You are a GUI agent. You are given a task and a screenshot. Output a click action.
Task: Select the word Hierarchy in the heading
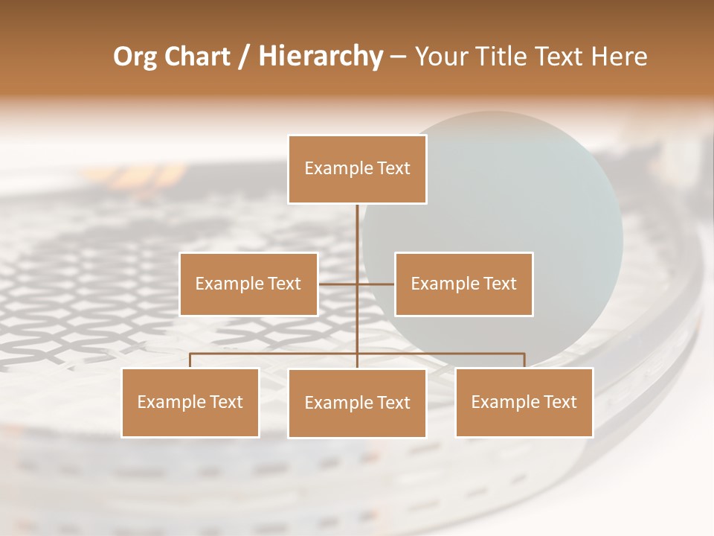pos(320,57)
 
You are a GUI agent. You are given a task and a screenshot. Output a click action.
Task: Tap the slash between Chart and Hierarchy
pos(244,57)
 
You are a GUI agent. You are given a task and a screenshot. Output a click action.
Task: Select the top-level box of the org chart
pos(357,169)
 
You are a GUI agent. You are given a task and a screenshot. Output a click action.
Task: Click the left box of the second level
pos(248,284)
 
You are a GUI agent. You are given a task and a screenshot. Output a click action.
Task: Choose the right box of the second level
pos(463,284)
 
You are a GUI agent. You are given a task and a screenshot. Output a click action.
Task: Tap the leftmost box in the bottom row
pos(190,403)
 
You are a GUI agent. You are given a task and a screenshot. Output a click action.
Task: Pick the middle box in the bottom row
pos(357,403)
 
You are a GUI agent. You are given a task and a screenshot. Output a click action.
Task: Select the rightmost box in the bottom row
pos(524,403)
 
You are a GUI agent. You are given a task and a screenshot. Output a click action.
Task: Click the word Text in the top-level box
pos(393,168)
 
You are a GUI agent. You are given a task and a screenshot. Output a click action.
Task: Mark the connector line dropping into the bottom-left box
pos(190,360)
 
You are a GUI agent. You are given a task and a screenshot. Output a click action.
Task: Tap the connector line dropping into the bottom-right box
pos(524,360)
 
